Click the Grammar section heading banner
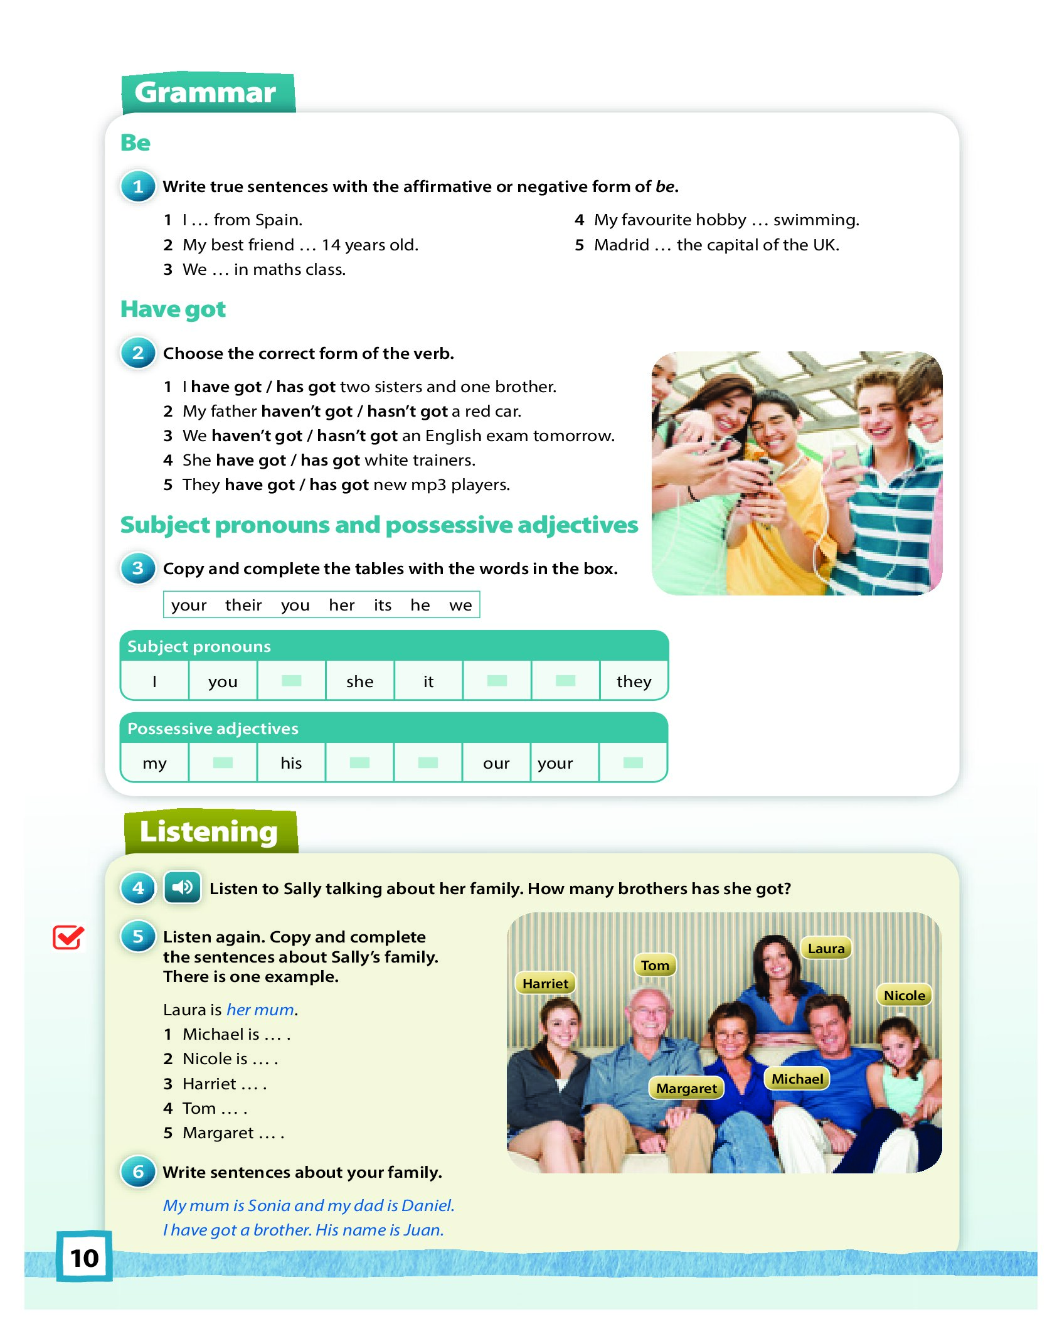(x=207, y=93)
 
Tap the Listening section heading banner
(x=210, y=831)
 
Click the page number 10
(x=85, y=1257)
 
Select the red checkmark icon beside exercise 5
(x=68, y=937)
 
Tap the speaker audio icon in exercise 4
(x=182, y=887)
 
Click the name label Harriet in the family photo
(x=545, y=983)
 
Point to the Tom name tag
(x=655, y=965)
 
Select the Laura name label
(x=826, y=948)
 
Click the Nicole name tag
(x=904, y=995)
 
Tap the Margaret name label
(x=686, y=1088)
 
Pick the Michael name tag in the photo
(x=797, y=1079)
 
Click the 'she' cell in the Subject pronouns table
(x=359, y=681)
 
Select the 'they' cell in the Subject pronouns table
(x=634, y=681)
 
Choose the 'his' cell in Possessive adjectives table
(x=291, y=763)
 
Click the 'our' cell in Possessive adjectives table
(x=496, y=763)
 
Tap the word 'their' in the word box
(x=243, y=605)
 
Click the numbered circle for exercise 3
(x=138, y=568)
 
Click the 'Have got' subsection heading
(x=173, y=309)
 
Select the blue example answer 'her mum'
(x=260, y=1010)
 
